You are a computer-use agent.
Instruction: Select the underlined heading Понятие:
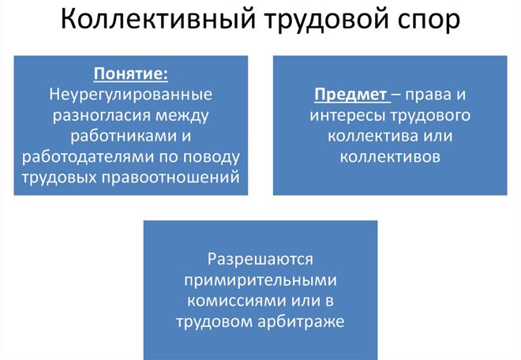[130, 73]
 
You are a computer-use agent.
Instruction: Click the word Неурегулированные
[130, 94]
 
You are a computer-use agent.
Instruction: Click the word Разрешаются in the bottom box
[260, 260]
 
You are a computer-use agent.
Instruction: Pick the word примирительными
[260, 280]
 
